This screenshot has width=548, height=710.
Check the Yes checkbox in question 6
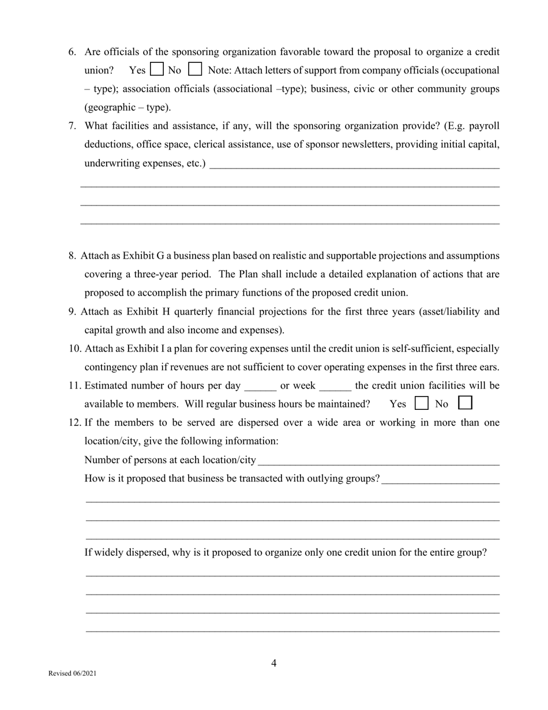click(x=156, y=70)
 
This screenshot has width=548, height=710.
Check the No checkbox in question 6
click(x=195, y=70)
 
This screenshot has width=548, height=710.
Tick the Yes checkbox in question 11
click(x=422, y=403)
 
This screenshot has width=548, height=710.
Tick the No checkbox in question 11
click(x=465, y=403)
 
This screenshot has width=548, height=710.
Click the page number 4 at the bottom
click(x=274, y=663)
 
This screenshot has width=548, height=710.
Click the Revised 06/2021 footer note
click(x=73, y=674)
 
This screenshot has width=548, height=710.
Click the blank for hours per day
click(x=260, y=387)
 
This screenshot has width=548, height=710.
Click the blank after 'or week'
click(x=335, y=387)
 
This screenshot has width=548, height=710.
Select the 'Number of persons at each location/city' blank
click(x=378, y=461)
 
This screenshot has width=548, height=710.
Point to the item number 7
click(x=72, y=126)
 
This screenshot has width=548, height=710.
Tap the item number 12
click(x=75, y=423)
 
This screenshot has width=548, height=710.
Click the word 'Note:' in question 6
click(x=219, y=70)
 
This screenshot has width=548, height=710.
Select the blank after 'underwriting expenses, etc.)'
click(x=354, y=164)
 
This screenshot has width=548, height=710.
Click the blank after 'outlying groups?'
click(x=440, y=480)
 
